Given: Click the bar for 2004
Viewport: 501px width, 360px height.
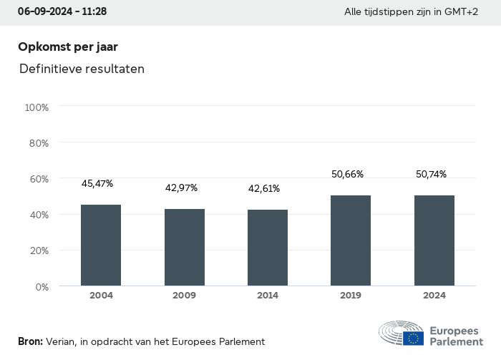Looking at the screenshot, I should [101, 245].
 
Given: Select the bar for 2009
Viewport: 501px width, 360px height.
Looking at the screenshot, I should [185, 247].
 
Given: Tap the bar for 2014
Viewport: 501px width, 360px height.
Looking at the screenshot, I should [268, 248].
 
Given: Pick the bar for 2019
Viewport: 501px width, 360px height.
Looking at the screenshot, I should [351, 240].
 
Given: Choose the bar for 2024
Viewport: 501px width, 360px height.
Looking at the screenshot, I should [434, 240].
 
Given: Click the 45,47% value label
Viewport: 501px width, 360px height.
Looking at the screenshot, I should [97, 184].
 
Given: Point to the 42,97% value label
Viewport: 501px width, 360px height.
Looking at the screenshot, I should [181, 188].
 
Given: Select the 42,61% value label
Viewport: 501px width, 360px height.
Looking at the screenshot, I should [264, 189].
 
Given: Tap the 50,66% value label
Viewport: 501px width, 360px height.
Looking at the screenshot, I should [348, 174].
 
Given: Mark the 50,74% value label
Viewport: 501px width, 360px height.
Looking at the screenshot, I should [431, 174].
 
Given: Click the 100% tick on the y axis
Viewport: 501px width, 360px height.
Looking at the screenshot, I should [37, 107].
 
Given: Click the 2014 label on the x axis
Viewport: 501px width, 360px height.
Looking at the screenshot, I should [268, 296].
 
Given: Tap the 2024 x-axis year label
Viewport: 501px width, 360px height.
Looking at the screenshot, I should [434, 296].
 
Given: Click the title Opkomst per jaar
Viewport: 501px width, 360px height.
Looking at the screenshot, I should [68, 47].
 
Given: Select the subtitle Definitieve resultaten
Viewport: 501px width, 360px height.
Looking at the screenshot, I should [82, 69].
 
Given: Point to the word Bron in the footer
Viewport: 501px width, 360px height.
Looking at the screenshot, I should [30, 342].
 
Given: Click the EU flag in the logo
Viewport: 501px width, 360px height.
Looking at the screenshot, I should [412, 338].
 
